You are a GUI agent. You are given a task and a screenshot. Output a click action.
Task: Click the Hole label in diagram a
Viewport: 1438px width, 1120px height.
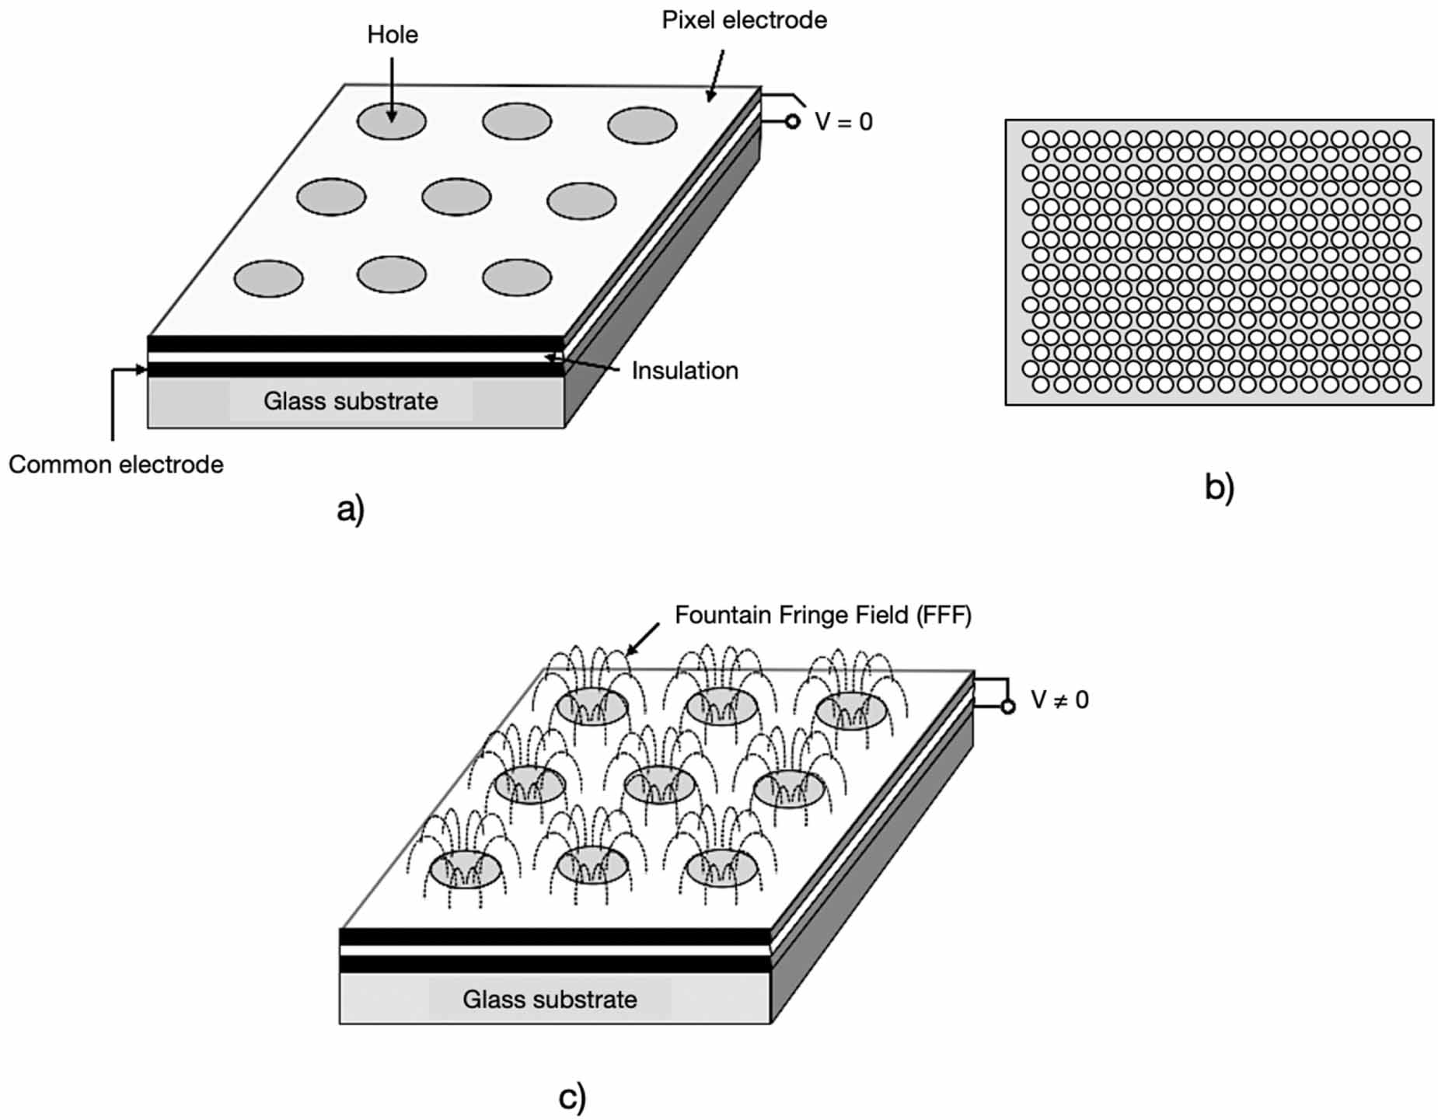tap(393, 35)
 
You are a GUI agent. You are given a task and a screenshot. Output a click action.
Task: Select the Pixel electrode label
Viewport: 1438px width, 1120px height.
tap(744, 20)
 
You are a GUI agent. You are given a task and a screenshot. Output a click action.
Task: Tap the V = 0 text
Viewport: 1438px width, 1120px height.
tap(843, 122)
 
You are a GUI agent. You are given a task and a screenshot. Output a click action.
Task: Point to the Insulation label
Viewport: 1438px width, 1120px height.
tap(685, 371)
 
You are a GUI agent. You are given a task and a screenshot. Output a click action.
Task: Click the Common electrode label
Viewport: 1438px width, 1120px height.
tap(116, 464)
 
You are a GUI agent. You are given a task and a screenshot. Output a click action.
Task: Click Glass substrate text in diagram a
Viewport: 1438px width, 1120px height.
tap(351, 401)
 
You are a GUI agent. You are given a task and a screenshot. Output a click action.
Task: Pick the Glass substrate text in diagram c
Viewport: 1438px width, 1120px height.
tap(550, 999)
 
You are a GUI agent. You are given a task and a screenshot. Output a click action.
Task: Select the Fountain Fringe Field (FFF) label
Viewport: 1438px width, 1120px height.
tap(823, 615)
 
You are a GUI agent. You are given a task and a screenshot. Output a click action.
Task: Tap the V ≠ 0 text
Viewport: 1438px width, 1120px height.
tap(1059, 700)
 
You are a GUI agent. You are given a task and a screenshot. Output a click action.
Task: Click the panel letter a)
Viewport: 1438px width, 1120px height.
tap(351, 510)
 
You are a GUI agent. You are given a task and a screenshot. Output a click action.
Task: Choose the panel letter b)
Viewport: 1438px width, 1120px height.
tap(1219, 487)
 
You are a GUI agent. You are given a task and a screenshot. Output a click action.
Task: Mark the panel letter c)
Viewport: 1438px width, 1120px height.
tap(572, 1097)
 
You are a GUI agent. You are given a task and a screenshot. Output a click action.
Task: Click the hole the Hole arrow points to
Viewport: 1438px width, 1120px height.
tap(392, 121)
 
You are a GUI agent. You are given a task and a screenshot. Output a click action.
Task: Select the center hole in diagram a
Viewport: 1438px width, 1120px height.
tap(456, 197)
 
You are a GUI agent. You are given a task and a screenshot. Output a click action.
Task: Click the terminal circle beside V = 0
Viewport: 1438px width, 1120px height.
tap(792, 121)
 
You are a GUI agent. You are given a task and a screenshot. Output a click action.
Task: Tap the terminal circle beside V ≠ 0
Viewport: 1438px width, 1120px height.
tap(1008, 707)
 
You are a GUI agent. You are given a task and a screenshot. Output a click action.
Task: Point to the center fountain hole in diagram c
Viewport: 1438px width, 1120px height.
tap(659, 785)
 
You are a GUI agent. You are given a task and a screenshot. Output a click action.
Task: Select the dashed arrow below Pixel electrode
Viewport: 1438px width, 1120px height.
tap(715, 75)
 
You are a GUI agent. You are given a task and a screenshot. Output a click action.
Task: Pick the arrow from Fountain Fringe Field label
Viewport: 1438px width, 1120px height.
tap(642, 639)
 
